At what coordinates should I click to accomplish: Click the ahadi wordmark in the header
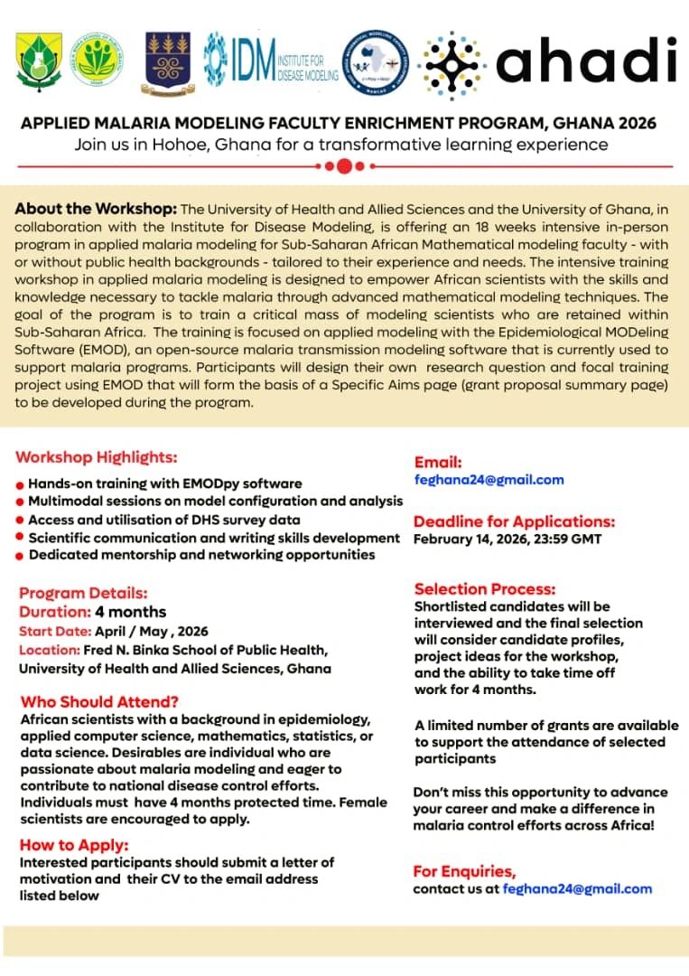click(x=586, y=61)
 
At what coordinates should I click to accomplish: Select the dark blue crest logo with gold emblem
click(x=168, y=59)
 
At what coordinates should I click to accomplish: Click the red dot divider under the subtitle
click(x=344, y=166)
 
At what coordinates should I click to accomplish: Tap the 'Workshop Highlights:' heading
click(x=97, y=456)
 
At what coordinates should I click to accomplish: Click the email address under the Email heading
click(x=489, y=480)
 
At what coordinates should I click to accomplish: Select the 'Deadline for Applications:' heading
click(x=514, y=521)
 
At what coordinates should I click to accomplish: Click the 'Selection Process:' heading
click(x=485, y=589)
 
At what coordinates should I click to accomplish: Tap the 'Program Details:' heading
click(x=83, y=594)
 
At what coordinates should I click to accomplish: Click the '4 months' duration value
click(x=123, y=612)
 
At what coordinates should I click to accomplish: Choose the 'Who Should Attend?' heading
click(x=99, y=701)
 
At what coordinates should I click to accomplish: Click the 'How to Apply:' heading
click(x=74, y=845)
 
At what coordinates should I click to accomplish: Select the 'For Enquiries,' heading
click(x=464, y=871)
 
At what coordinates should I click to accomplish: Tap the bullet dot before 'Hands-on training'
click(x=20, y=485)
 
